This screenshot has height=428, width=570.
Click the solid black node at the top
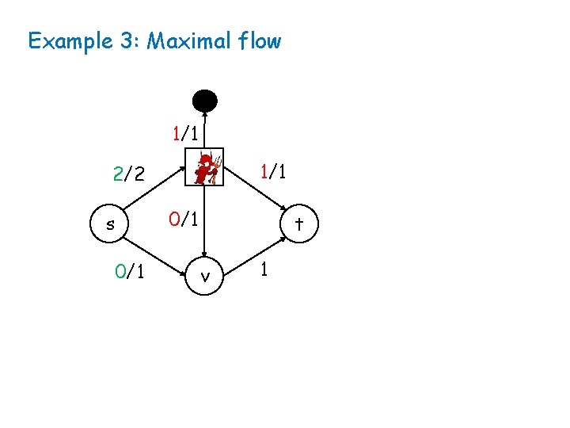coord(204,101)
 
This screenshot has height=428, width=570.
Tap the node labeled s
coord(110,224)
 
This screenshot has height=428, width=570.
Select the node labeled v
coord(205,277)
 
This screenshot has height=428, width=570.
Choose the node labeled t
coord(299,224)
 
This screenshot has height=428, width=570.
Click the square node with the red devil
coord(205,167)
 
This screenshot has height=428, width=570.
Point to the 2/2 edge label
coord(128,174)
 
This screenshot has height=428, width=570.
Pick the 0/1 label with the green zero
coord(128,273)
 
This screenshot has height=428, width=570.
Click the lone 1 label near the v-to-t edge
coord(265,269)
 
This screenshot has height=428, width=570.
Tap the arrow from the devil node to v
coord(205,222)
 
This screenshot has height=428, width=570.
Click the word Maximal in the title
coord(190,40)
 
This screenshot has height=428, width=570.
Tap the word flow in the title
coord(258,40)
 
